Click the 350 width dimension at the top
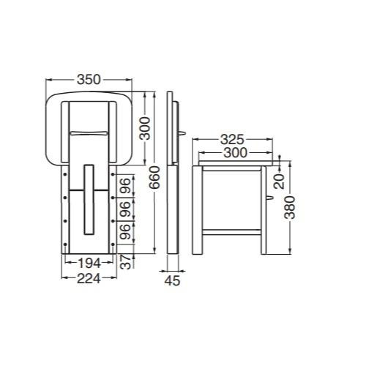coord(89,80)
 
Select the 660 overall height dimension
coord(154,177)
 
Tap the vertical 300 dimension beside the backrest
coord(145,128)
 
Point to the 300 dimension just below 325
coord(235,153)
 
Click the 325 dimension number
coord(232,140)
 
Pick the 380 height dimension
coord(290,207)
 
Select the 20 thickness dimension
coord(280,182)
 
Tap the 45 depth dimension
coord(172,280)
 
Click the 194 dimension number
coord(89,263)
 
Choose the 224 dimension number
coord(89,279)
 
